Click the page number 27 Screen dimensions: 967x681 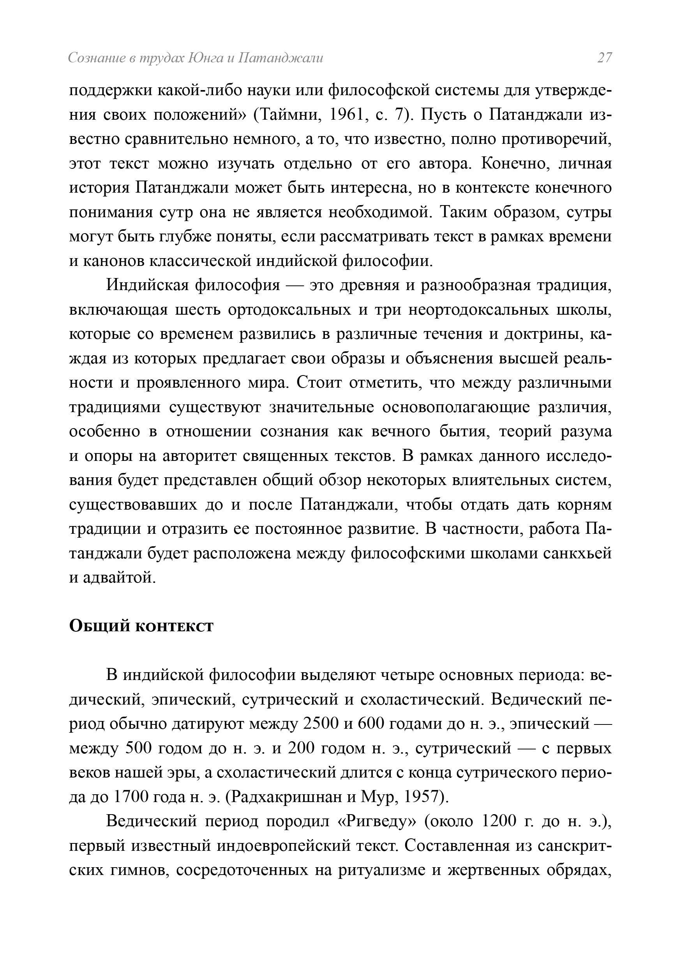pos(604,58)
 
